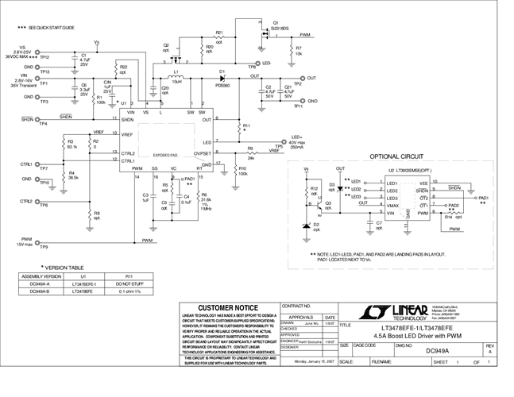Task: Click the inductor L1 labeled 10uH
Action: (177, 77)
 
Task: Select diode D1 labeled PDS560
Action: (222, 78)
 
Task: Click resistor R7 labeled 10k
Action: (290, 51)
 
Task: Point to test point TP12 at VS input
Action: (44, 57)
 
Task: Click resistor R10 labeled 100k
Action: (235, 170)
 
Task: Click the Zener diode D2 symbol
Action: (307, 226)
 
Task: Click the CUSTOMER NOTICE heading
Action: (226, 308)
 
